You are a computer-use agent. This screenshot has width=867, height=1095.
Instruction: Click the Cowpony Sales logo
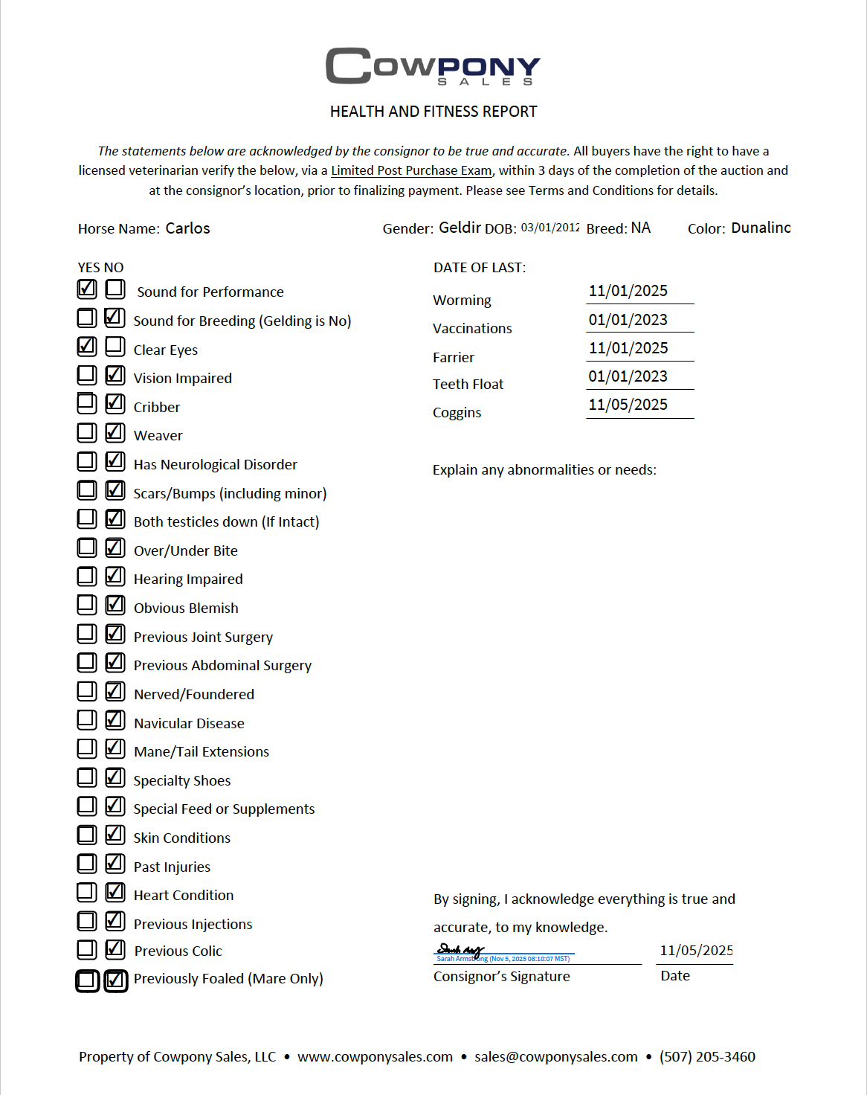[x=433, y=66]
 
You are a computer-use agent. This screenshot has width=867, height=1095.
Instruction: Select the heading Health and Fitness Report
[x=433, y=112]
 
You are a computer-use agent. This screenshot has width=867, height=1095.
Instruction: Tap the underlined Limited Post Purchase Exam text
[x=411, y=170]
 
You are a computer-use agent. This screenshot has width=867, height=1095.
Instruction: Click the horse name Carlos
[x=187, y=228]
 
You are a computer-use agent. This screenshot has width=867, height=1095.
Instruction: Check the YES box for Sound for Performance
[x=87, y=289]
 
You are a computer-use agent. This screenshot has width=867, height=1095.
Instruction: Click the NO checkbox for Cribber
[x=115, y=403]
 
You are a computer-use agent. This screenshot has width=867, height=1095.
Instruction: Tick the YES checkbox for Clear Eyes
[x=87, y=346]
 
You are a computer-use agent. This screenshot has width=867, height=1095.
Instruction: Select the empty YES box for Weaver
[x=87, y=432]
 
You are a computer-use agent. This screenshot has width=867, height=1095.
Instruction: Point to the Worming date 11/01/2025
[x=628, y=291]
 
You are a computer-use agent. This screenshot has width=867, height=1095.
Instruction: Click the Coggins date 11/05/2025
[x=628, y=405]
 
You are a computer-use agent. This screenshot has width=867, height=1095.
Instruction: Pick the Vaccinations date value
[x=628, y=320]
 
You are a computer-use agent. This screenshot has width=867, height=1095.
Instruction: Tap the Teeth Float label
[x=468, y=384]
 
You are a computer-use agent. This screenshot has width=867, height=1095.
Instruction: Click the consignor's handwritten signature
[x=460, y=950]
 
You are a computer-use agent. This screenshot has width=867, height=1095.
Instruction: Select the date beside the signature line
[x=696, y=951]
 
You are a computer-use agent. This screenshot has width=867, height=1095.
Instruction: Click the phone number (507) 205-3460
[x=707, y=1056]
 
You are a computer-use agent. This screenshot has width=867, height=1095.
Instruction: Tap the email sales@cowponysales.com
[x=556, y=1056]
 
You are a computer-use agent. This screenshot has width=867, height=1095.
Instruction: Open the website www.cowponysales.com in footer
[x=375, y=1056]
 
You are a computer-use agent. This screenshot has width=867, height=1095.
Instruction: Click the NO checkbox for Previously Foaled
[x=115, y=980]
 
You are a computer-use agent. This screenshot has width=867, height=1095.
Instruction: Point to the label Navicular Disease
[x=189, y=723]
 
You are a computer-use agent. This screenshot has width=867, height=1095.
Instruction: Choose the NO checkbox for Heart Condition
[x=115, y=891]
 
